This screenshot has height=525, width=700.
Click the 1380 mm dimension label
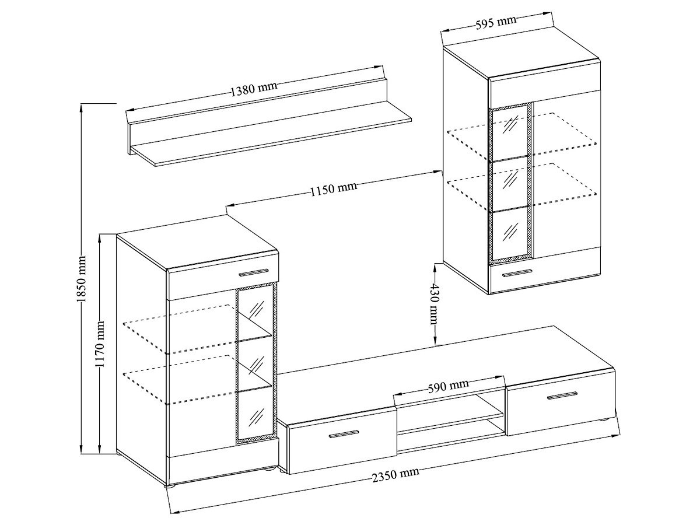point(254,89)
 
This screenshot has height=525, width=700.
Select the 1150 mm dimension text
point(334,188)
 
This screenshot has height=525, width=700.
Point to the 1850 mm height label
point(82,279)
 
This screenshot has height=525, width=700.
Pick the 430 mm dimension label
point(435,304)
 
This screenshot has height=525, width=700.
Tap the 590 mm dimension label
point(448,386)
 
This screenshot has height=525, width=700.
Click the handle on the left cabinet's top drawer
point(254,272)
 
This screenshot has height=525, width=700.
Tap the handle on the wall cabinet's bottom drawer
point(517,273)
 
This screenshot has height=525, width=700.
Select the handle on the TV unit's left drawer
point(344,434)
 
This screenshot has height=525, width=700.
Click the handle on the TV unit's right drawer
point(562,395)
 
